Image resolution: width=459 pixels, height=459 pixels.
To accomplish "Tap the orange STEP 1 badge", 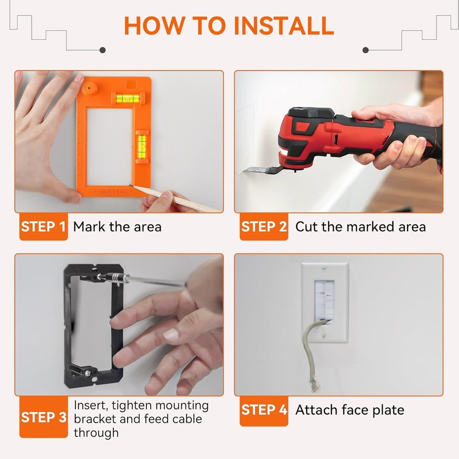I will pos(44,227).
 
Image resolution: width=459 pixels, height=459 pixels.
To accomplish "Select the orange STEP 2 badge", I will pos(263,227).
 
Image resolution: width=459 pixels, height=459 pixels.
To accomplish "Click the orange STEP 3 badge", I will pos(44,418).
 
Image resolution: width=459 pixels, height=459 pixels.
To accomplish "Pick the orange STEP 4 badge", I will pos(263,410).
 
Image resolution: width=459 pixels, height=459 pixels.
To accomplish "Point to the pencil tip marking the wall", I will pos(130,186).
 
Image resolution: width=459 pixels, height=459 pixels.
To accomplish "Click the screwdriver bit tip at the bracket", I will pos(100,277).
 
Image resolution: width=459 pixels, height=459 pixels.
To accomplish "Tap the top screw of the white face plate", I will pos(325,269).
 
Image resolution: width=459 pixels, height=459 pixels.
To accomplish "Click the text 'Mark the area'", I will pos(117,227).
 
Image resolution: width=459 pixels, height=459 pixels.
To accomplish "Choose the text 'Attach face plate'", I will pos(349,410).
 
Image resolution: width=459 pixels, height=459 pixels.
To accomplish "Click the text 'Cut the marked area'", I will pos(360,227).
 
